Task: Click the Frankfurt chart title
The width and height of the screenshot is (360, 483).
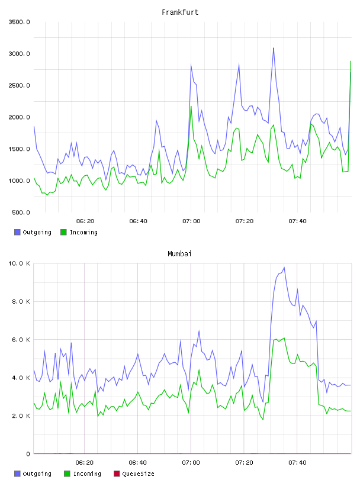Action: [x=180, y=12]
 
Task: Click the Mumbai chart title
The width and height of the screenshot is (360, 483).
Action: [x=179, y=254]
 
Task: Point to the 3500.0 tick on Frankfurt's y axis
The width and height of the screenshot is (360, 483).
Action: [x=19, y=22]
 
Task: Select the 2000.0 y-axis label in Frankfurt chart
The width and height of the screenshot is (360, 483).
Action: [x=19, y=117]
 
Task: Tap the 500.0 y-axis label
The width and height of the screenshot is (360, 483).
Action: [x=21, y=212]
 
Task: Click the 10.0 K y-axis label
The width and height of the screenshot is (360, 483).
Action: [x=19, y=263]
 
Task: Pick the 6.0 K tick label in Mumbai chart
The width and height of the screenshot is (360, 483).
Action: [x=21, y=339]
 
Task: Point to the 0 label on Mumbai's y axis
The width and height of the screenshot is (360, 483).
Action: [x=28, y=454]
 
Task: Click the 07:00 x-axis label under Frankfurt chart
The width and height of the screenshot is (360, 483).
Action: [x=191, y=221]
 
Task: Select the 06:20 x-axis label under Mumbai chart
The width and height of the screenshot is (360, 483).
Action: [x=85, y=463]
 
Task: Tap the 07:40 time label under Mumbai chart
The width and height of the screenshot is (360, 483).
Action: [x=297, y=463]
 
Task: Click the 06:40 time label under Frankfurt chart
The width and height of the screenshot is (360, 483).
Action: [x=138, y=221]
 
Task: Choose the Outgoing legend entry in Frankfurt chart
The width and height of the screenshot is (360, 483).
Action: [x=33, y=232]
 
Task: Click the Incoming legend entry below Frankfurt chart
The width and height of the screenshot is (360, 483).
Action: [x=79, y=232]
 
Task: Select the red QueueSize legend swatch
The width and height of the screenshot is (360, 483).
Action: [x=117, y=474]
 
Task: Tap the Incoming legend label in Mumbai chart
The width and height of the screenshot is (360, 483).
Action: [x=87, y=474]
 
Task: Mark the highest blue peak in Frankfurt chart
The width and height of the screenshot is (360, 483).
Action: [x=274, y=48]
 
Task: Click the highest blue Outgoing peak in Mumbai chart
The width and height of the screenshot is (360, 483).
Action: [x=284, y=268]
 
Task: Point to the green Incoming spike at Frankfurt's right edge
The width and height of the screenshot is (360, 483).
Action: [x=351, y=62]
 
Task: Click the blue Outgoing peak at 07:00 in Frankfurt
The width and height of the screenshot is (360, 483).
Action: [x=191, y=65]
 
